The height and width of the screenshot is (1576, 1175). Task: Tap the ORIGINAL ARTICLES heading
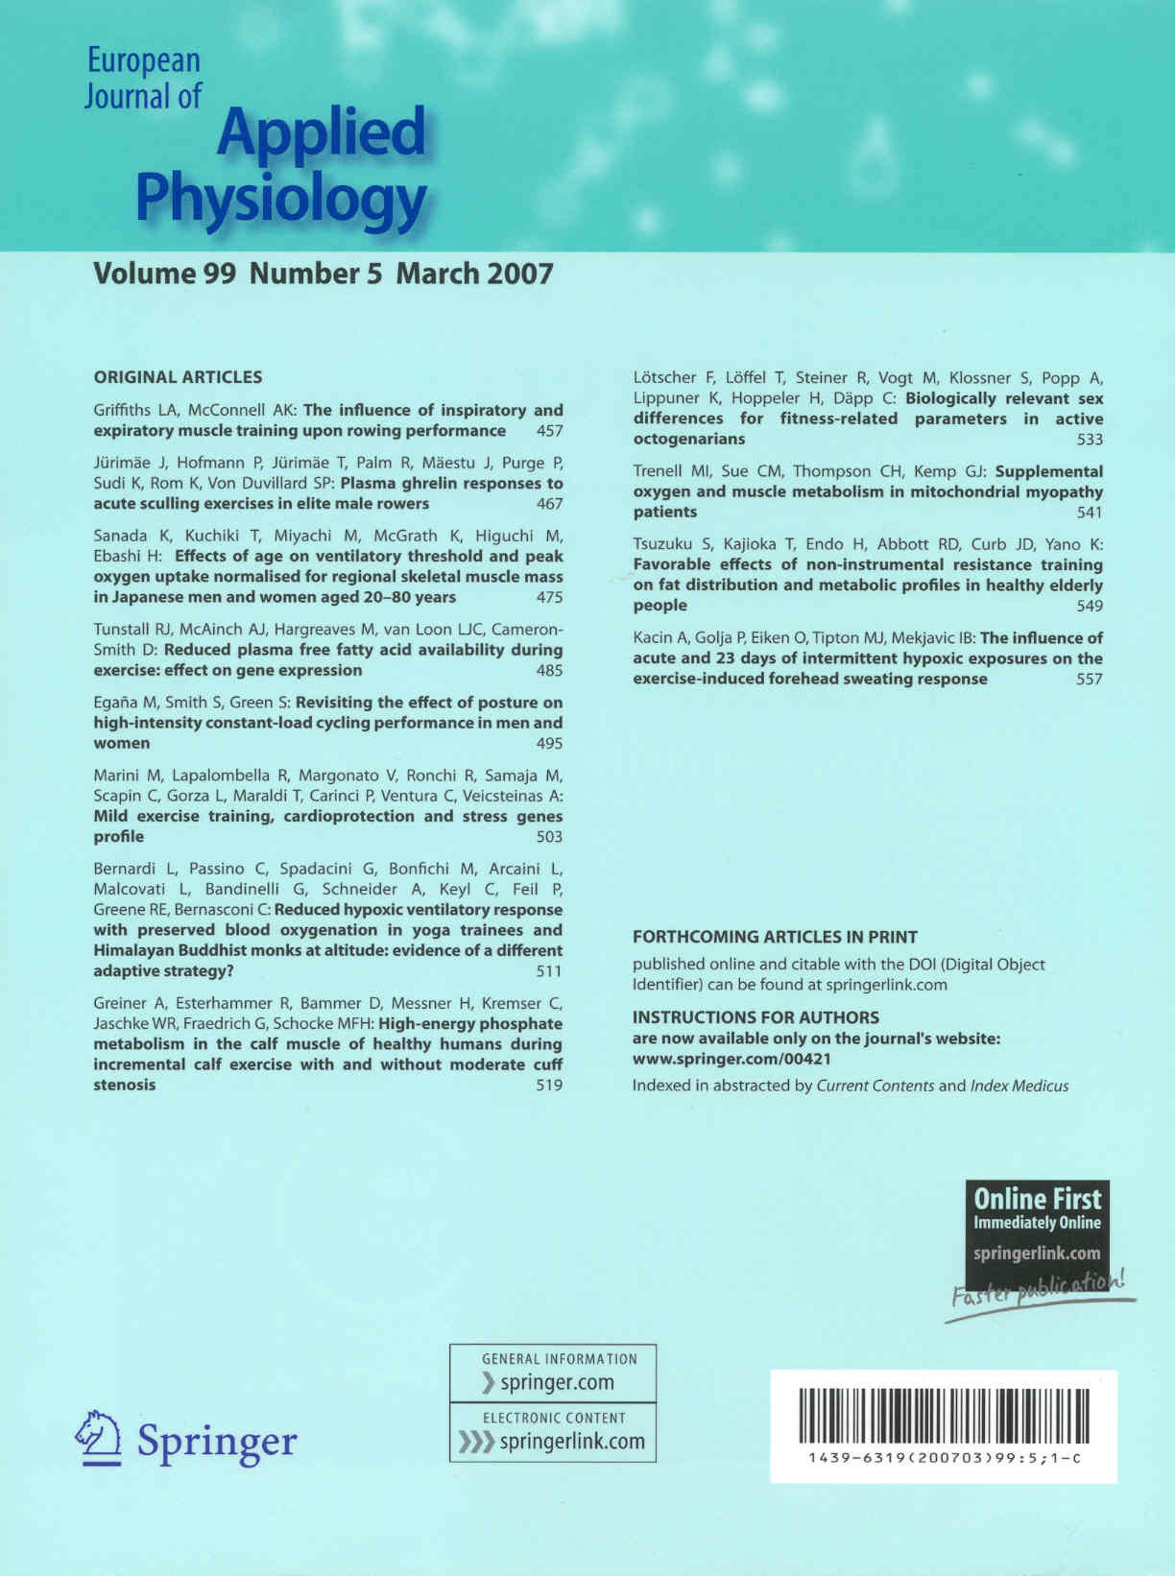pyautogui.click(x=178, y=377)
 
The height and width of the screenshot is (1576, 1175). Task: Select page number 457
pyautogui.click(x=549, y=431)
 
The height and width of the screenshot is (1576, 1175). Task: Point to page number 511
pyautogui.click(x=549, y=970)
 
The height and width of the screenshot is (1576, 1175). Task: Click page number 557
pyautogui.click(x=1090, y=679)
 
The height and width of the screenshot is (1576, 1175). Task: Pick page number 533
pyautogui.click(x=1090, y=440)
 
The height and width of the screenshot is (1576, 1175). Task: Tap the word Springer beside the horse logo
pyautogui.click(x=217, y=1441)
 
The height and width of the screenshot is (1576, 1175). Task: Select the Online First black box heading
pyautogui.click(x=1037, y=1199)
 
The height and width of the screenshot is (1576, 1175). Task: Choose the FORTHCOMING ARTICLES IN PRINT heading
pyautogui.click(x=775, y=937)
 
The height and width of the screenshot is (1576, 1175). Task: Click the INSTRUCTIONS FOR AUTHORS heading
pyautogui.click(x=755, y=1017)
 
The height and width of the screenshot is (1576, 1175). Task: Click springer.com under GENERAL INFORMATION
pyautogui.click(x=557, y=1382)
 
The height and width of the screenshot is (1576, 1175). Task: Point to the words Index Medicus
pyautogui.click(x=1019, y=1086)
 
